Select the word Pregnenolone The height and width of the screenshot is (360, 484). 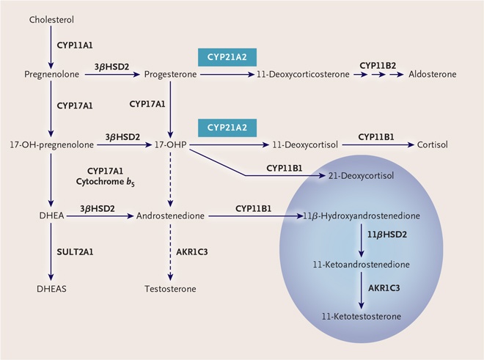[x=51, y=75]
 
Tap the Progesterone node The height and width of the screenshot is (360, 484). [x=170, y=75]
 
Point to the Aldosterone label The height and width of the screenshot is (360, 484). [x=433, y=75]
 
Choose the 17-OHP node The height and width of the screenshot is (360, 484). [x=170, y=145]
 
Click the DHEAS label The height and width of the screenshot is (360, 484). [x=51, y=288]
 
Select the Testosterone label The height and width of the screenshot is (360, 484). [x=170, y=288]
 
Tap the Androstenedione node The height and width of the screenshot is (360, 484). [x=170, y=217]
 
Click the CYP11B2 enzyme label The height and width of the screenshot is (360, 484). [x=378, y=65]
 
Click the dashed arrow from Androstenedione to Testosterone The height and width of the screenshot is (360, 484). [x=170, y=253]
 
